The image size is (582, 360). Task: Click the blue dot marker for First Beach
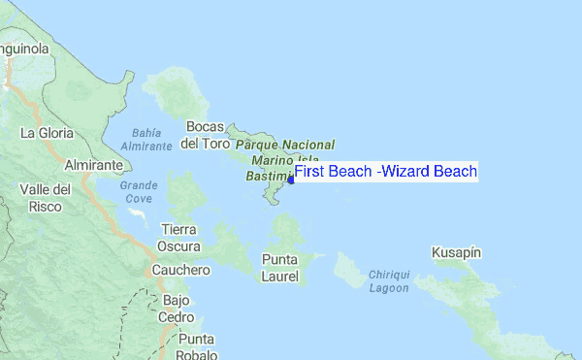pyautogui.click(x=291, y=179)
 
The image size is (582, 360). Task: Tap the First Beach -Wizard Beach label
pyautogui.click(x=386, y=172)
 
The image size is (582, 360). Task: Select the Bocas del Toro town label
pyautogui.click(x=206, y=135)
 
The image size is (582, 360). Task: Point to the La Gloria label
pyautogui.click(x=46, y=133)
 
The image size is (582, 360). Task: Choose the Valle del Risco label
pyautogui.click(x=46, y=197)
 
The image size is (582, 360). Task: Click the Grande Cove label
pyautogui.click(x=139, y=191)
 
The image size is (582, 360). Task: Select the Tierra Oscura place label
pyautogui.click(x=178, y=238)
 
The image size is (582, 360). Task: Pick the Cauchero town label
pyautogui.click(x=181, y=270)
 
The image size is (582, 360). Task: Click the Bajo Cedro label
pyautogui.click(x=177, y=310)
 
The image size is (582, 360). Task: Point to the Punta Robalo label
pyautogui.click(x=196, y=347)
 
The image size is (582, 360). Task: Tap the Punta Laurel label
pyautogui.click(x=281, y=268)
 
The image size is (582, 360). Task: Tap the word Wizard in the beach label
pyautogui.click(x=405, y=172)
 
